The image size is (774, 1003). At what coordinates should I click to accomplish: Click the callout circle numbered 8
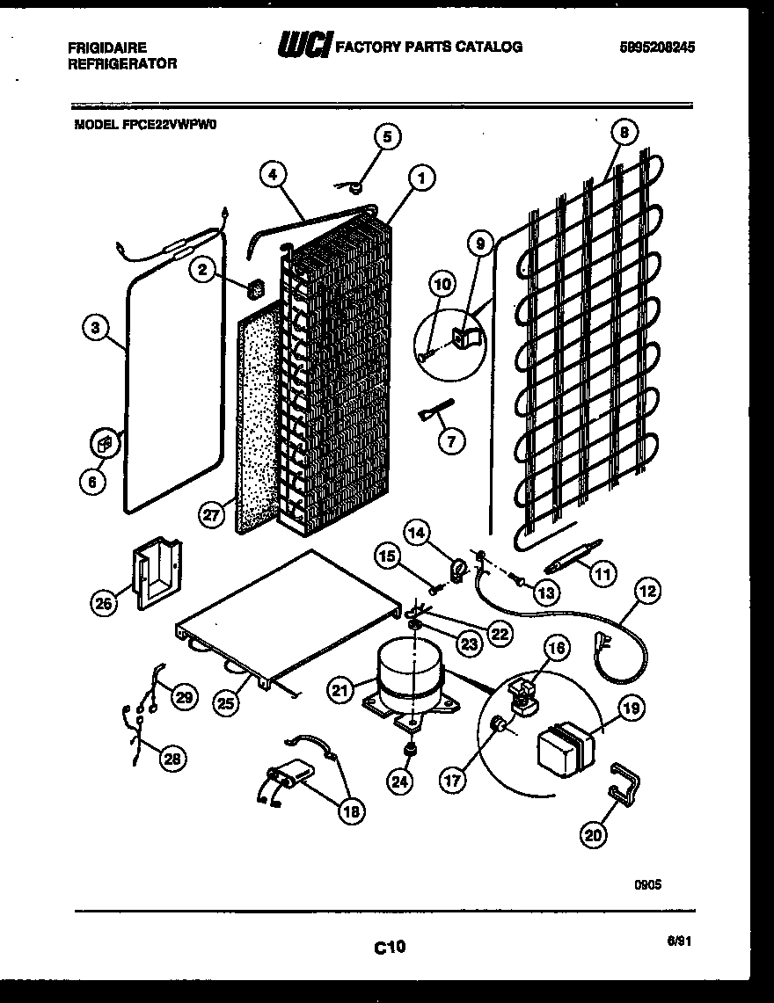tap(624, 134)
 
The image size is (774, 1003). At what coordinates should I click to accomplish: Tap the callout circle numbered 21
tap(341, 690)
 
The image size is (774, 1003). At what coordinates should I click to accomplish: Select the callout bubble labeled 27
tap(210, 515)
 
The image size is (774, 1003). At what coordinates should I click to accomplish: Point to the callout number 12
tap(647, 592)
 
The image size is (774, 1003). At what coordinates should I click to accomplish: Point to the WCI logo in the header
tap(304, 47)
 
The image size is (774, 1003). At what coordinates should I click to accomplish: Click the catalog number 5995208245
tap(656, 48)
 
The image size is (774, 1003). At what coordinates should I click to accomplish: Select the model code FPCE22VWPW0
tap(145, 125)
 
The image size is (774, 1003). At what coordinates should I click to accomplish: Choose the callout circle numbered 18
tap(351, 811)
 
